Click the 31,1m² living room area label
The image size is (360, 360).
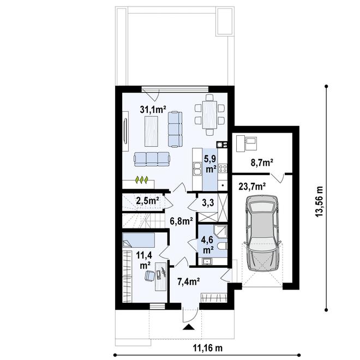point(153,109)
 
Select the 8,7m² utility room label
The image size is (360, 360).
point(261,162)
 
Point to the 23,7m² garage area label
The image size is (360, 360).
point(252,185)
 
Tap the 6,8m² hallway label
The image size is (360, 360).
point(181,221)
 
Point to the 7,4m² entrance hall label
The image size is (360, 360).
point(188,281)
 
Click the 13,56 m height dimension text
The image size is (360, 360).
point(320,200)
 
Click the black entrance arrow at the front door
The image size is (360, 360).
point(189,327)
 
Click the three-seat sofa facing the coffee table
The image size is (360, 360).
point(152,158)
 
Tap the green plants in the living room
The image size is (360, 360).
point(142,178)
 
